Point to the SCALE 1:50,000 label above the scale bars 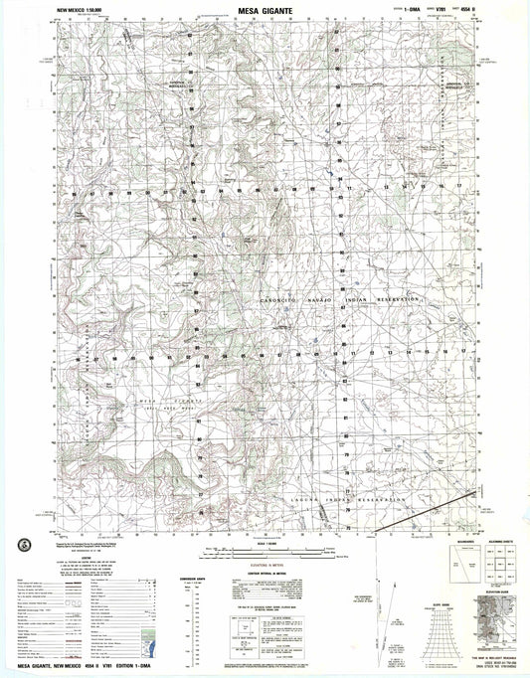[x=266, y=542]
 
